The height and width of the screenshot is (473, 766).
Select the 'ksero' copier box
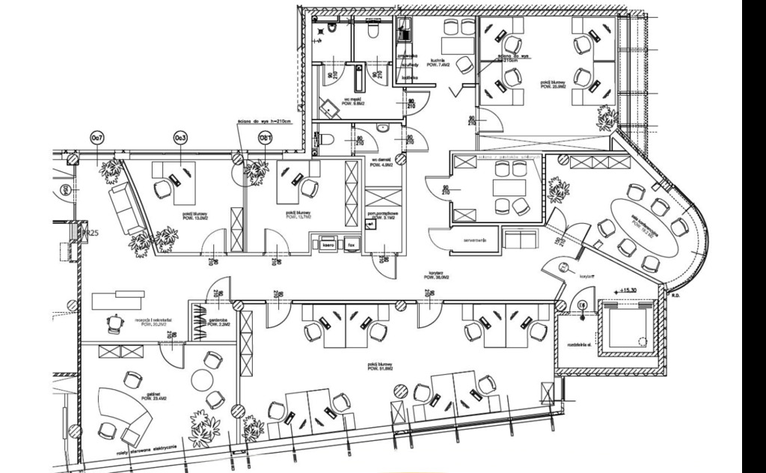point(327,245)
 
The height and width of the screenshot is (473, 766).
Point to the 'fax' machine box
point(350,245)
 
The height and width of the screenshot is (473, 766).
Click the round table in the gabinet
point(203,380)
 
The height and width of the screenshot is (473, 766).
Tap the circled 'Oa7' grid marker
point(96,138)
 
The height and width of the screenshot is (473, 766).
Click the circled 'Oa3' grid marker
point(180,138)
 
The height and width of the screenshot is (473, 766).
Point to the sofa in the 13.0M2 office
point(126,207)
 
